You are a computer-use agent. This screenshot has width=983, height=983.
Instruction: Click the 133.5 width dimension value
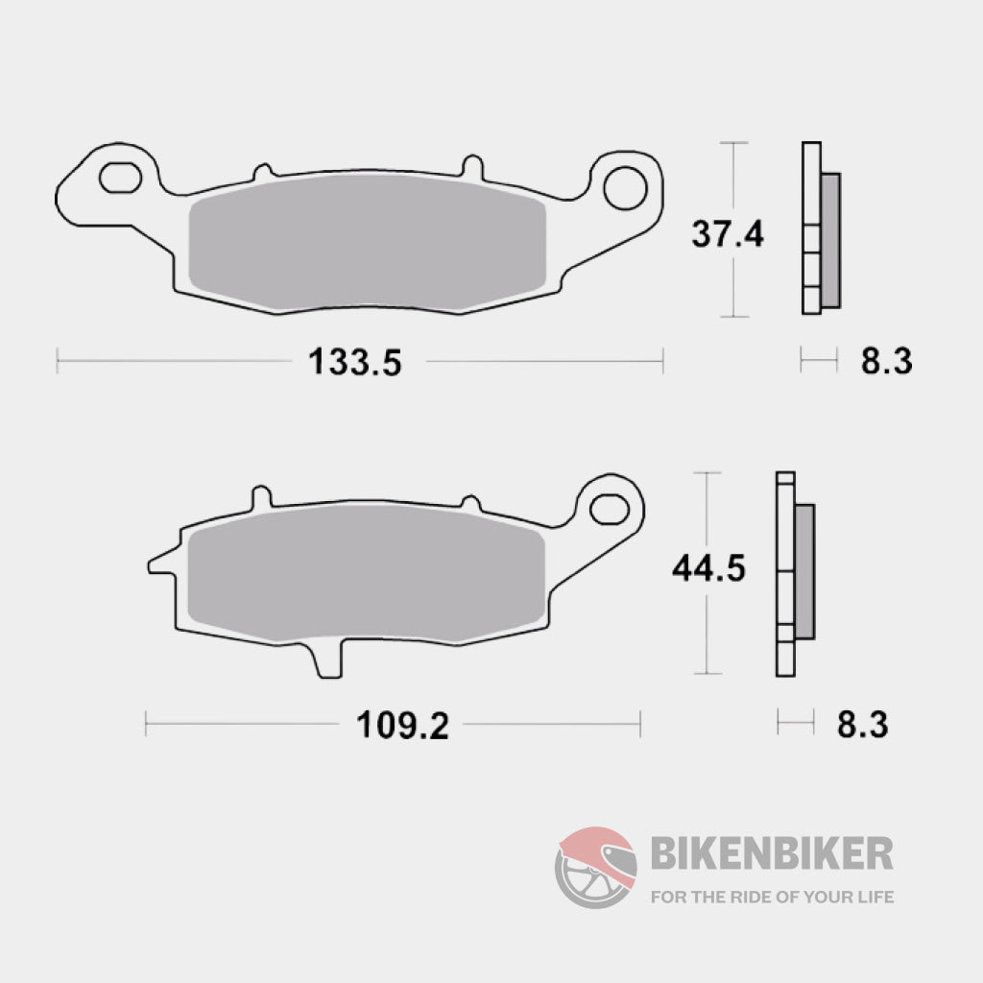(x=352, y=363)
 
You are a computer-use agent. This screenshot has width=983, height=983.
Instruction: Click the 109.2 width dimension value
(x=403, y=726)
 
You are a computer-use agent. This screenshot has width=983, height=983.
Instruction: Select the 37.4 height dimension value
(x=728, y=232)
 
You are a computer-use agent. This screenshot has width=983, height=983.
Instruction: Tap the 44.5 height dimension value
(x=708, y=569)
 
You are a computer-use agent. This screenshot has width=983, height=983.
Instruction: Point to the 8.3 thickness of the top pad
(x=885, y=362)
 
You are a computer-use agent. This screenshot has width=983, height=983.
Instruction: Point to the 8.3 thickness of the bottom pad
(x=862, y=725)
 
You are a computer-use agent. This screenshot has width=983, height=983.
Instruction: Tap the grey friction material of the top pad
(x=368, y=249)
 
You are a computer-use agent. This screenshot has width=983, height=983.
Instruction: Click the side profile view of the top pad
(x=818, y=228)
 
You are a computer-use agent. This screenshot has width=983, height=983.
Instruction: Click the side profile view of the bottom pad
(x=793, y=573)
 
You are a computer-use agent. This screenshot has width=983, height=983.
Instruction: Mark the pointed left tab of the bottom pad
(x=157, y=564)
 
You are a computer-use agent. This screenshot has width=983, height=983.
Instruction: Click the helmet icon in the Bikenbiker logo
(x=595, y=867)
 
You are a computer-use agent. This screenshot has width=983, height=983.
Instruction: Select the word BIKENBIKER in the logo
(x=772, y=852)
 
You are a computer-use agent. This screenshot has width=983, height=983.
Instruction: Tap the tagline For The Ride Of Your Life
(x=772, y=898)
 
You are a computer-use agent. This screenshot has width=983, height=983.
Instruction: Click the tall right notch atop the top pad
(x=471, y=165)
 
